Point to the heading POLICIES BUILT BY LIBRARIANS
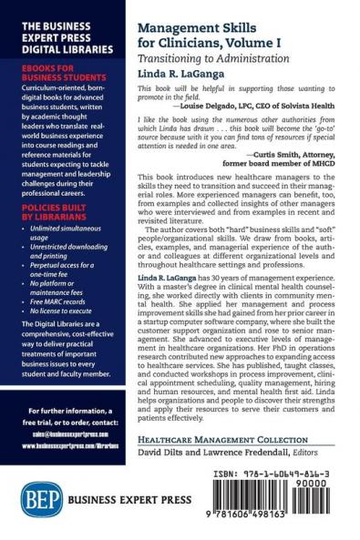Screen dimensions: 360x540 [x=50, y=212]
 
